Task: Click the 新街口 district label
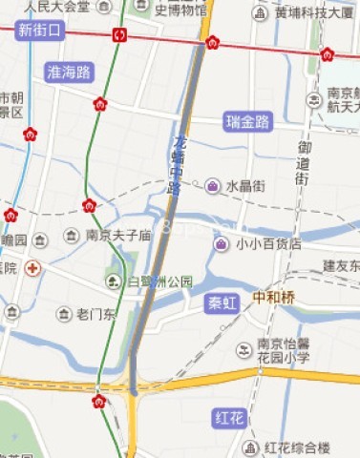pyautogui.click(x=39, y=31)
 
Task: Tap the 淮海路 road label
pyautogui.click(x=69, y=72)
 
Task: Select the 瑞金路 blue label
pyautogui.click(x=249, y=122)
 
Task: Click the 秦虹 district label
pyautogui.click(x=223, y=303)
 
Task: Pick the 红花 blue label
pyautogui.click(x=231, y=417)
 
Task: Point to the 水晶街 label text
pyautogui.click(x=245, y=186)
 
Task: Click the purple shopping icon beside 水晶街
pyautogui.click(x=212, y=185)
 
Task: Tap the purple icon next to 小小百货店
pyautogui.click(x=221, y=244)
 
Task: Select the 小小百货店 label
pyautogui.click(x=268, y=244)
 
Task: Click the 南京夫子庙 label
pyautogui.click(x=118, y=235)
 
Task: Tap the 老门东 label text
pyautogui.click(x=95, y=314)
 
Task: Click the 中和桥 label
pyautogui.click(x=275, y=297)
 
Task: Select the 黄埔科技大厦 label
pyautogui.click(x=314, y=13)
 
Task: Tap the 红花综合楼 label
pyautogui.click(x=297, y=448)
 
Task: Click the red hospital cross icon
pyautogui.click(x=32, y=268)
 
